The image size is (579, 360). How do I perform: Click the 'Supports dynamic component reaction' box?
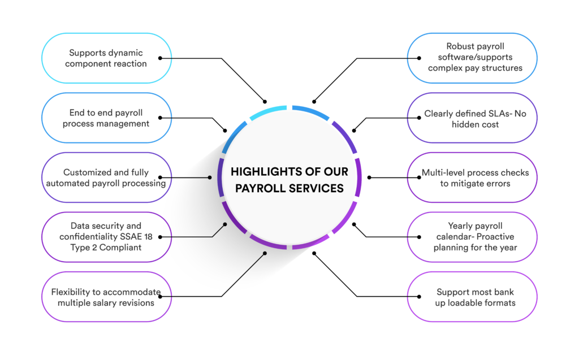106,58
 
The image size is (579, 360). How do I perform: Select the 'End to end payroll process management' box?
106,118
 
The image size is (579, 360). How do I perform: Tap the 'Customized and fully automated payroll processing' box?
106,177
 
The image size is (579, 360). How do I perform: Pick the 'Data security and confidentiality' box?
106,237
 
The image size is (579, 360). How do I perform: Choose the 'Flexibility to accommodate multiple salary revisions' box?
106,297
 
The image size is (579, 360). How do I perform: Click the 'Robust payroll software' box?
472,58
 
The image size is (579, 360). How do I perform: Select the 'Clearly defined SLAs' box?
472,118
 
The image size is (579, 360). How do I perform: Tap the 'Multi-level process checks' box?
472,177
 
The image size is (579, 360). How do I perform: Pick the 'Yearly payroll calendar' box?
472,237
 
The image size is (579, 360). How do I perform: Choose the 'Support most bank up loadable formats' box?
472,297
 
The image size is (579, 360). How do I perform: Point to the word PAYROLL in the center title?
256,188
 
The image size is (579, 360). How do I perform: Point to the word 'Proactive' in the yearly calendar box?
493,236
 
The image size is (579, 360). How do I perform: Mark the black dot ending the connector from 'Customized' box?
210,177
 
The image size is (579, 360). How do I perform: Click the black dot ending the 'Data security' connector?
225,224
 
